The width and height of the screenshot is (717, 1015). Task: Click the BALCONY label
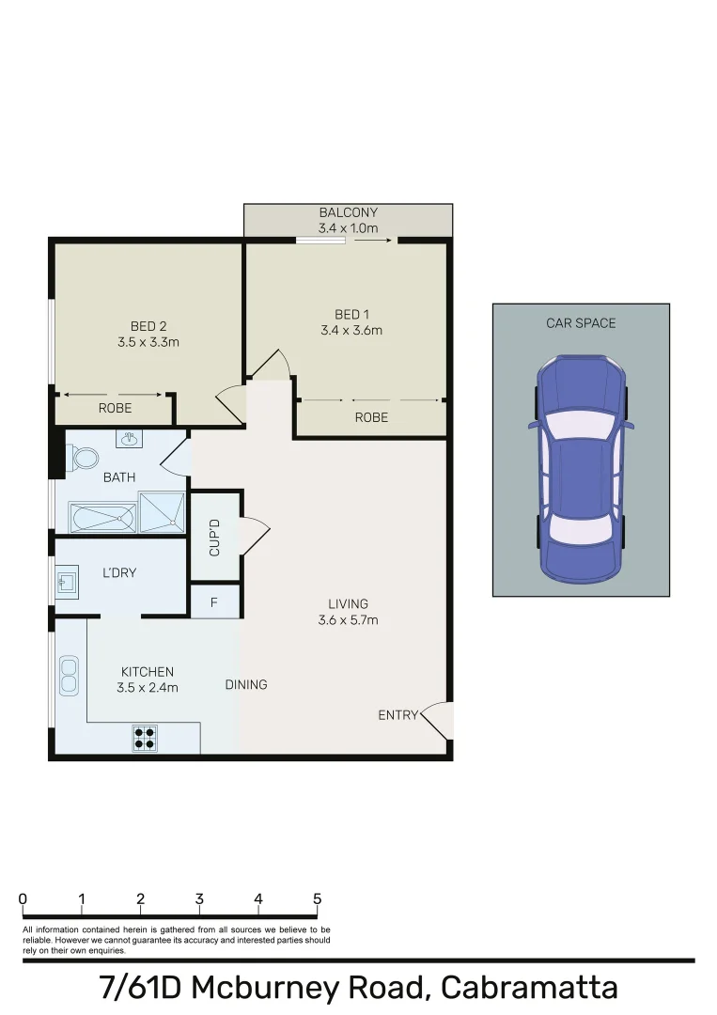coord(348,212)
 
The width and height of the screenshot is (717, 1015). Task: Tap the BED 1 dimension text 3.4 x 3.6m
coord(351,330)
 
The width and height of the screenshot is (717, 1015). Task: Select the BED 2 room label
coord(142,326)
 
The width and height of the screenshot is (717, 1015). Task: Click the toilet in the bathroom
coord(85,458)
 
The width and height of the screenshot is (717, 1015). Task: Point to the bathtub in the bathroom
coord(102,518)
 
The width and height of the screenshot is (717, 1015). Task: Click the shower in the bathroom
coord(163,512)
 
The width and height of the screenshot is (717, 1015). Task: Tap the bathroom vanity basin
coord(129,439)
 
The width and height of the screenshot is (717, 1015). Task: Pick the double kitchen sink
coord(69,676)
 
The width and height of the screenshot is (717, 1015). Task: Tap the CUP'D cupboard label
coord(214,538)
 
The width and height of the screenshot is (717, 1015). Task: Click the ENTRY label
coord(397,715)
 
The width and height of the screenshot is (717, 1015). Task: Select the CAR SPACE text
coord(581,323)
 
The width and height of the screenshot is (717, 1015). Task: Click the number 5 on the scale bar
coord(317,899)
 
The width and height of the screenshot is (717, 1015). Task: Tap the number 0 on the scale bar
coord(23,899)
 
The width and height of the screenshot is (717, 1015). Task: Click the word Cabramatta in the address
coord(530,988)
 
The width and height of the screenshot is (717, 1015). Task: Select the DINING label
coord(246,684)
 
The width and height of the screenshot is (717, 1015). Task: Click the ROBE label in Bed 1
coord(371,417)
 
